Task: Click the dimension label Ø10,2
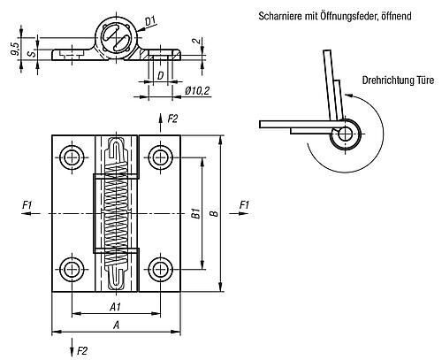(197, 91)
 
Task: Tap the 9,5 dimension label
(15, 49)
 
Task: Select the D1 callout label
(150, 21)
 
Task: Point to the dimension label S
(32, 54)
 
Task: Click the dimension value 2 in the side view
(198, 42)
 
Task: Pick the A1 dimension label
(115, 307)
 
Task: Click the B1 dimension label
(196, 213)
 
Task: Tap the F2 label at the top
(172, 119)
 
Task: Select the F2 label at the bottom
(82, 351)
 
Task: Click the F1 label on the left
(27, 204)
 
